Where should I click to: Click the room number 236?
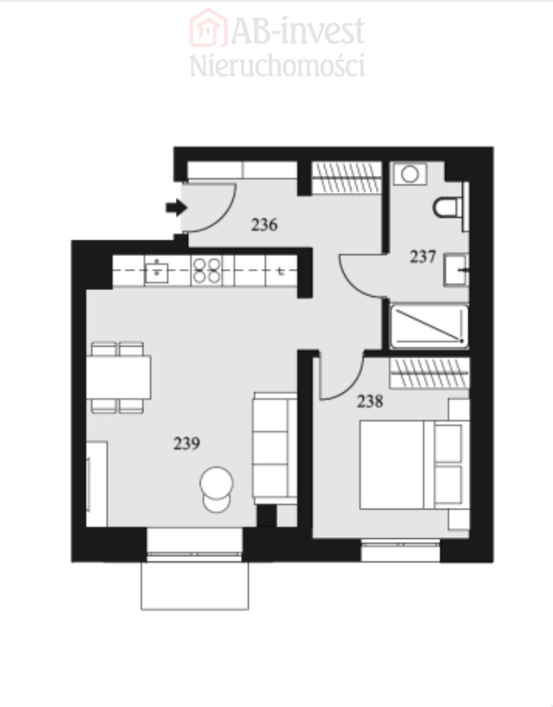[264, 225]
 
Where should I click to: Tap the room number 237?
[423, 257]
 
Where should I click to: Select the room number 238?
[370, 402]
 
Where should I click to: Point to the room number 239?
[187, 444]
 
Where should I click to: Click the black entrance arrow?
[176, 207]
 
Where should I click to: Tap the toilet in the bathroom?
[451, 207]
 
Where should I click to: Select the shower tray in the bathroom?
[429, 326]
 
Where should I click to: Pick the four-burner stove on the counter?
[206, 271]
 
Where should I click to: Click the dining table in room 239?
[118, 377]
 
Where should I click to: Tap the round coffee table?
[217, 483]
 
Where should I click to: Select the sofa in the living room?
[275, 449]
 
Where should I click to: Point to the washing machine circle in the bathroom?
[409, 174]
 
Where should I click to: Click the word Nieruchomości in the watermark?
[277, 66]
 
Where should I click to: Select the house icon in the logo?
[208, 28]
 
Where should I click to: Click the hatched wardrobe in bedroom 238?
[429, 373]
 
